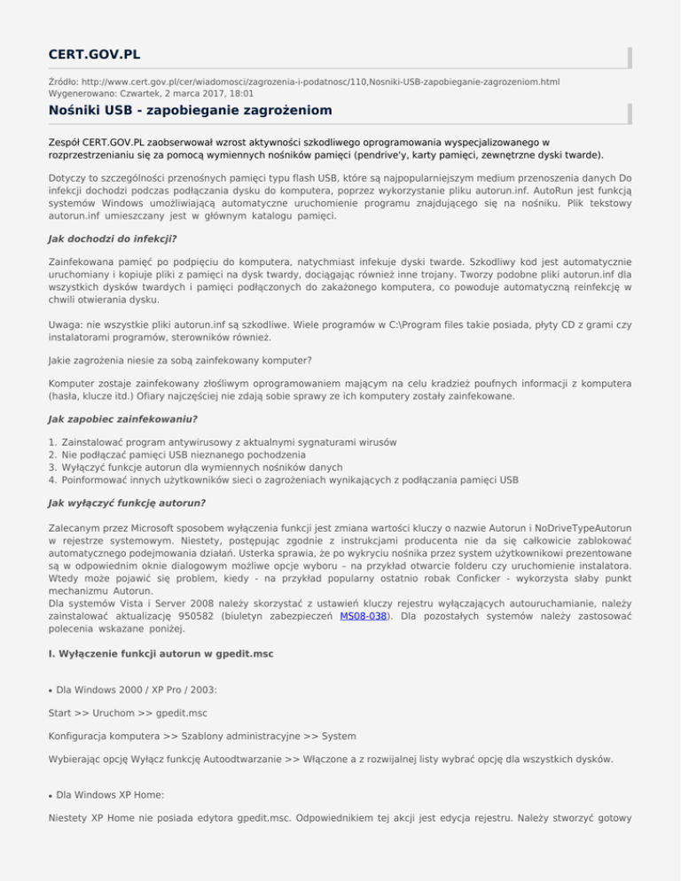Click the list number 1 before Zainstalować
[53, 441]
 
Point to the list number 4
[53, 479]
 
